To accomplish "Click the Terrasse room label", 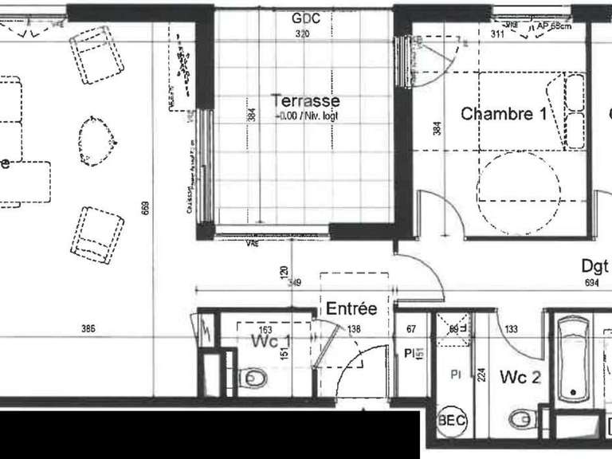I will [306, 101].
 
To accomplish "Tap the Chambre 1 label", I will [504, 114].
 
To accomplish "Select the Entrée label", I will [351, 308].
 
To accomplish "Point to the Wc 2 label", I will [521, 376].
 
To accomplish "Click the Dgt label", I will [594, 266].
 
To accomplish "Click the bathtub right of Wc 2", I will [574, 359].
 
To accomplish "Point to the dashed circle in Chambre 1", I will [518, 182].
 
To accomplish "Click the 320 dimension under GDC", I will [301, 34].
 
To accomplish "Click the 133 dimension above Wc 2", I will [511, 329].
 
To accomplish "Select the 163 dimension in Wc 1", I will [265, 329].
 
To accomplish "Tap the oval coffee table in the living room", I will [98, 141].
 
